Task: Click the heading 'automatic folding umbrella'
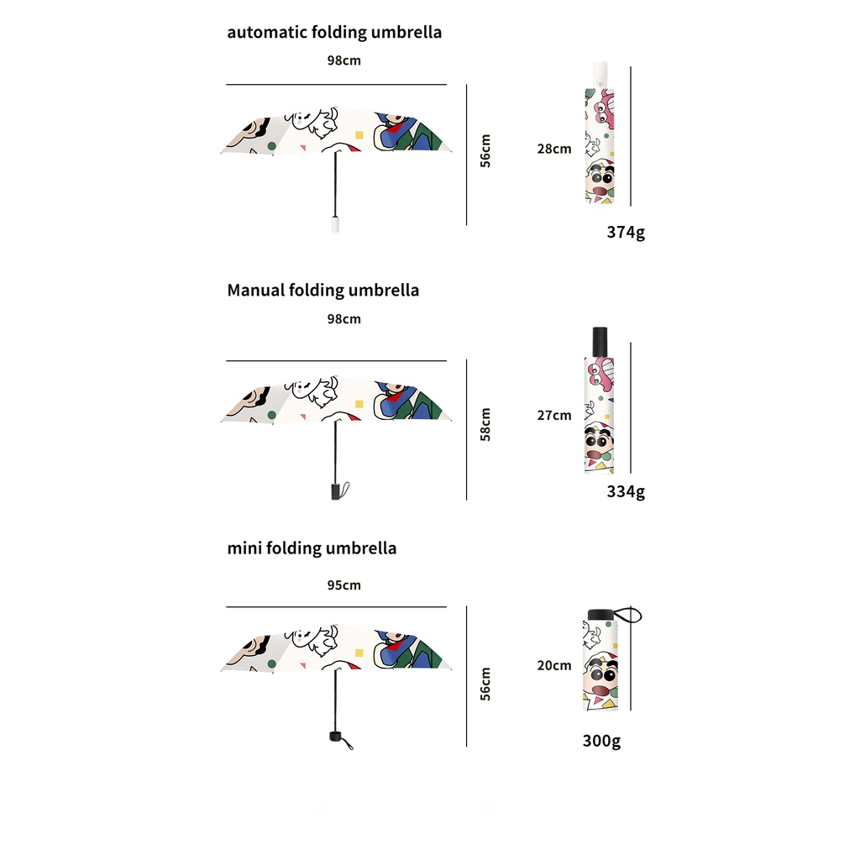[x=334, y=33]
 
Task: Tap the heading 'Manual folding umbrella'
[x=322, y=291]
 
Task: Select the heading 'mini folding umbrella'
[x=312, y=548]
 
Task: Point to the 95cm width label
[x=344, y=585]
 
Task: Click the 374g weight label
[x=626, y=232]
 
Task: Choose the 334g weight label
[x=626, y=491]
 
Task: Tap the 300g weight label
[x=601, y=741]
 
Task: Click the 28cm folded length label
[x=554, y=149]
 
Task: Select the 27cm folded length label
[x=554, y=415]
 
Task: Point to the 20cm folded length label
[x=554, y=665]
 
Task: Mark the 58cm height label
[x=485, y=424]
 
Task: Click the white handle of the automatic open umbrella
[x=335, y=223]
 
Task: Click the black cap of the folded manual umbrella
[x=600, y=340]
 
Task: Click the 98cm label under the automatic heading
[x=344, y=60]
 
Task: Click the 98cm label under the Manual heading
[x=344, y=319]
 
